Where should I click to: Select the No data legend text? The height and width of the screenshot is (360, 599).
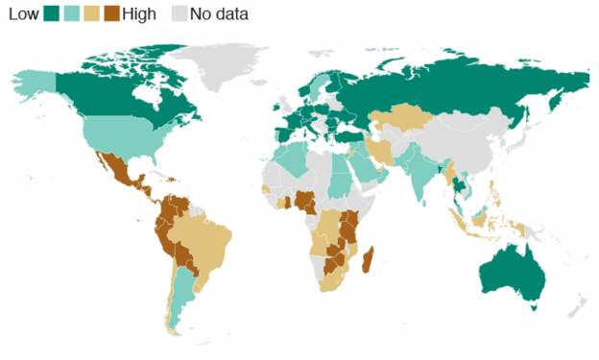pyautogui.click(x=219, y=13)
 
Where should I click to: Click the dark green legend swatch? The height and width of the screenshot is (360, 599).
pyautogui.click(x=52, y=13)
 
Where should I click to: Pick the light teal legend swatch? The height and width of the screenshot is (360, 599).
pyautogui.click(x=72, y=13)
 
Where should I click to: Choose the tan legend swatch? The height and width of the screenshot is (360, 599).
pyautogui.click(x=92, y=13)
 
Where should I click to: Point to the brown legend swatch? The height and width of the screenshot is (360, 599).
pyautogui.click(x=112, y=13)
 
